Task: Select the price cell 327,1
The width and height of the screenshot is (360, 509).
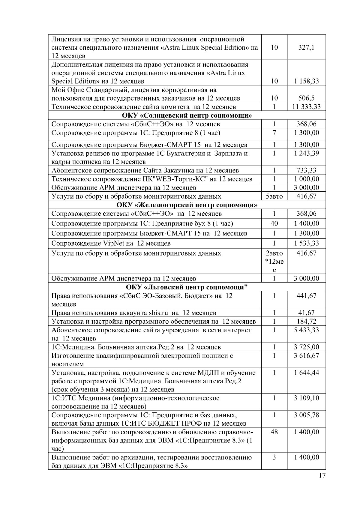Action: pyautogui.click(x=306, y=47)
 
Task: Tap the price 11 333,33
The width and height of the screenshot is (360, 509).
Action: pyautogui.click(x=306, y=107)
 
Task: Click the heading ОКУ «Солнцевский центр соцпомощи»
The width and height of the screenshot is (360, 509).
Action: pyautogui.click(x=187, y=115)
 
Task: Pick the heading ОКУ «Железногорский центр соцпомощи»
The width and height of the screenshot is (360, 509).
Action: pyautogui.click(x=187, y=205)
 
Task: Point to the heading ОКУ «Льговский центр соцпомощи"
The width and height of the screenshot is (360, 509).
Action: pyautogui.click(x=187, y=287)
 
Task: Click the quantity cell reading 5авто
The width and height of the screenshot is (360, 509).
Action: pyautogui.click(x=274, y=196)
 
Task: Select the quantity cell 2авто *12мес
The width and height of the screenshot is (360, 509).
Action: pyautogui.click(x=274, y=261)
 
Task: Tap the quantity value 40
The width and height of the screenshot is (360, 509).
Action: pyautogui.click(x=274, y=223)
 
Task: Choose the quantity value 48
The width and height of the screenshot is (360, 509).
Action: pyautogui.click(x=274, y=432)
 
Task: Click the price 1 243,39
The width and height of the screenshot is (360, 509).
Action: pyautogui.click(x=306, y=153)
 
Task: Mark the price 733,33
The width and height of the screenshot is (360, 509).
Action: pyautogui.click(x=306, y=171)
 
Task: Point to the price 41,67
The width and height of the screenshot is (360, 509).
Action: pyautogui.click(x=306, y=313)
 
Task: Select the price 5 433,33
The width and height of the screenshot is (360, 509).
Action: pyautogui.click(x=306, y=330)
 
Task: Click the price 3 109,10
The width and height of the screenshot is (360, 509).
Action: pyautogui.click(x=306, y=398)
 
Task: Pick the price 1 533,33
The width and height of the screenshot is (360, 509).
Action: pyautogui.click(x=306, y=243)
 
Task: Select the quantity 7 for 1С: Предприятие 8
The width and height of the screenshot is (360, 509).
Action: pyautogui.click(x=274, y=133)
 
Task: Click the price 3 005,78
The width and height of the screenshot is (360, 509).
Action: pyautogui.click(x=306, y=415)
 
